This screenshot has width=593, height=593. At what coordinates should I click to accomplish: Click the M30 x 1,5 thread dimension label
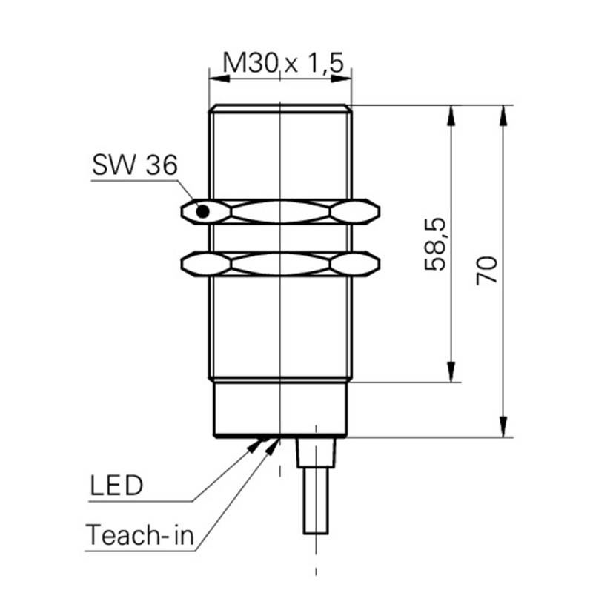[283, 62]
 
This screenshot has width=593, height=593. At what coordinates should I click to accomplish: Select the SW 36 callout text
[135, 165]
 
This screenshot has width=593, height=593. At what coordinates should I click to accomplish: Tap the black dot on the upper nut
[202, 211]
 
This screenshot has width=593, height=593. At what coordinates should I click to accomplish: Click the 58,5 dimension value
[436, 245]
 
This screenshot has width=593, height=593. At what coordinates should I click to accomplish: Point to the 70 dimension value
[487, 270]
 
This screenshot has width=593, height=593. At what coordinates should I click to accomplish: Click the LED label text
[116, 486]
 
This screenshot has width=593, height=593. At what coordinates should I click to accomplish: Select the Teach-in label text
[139, 534]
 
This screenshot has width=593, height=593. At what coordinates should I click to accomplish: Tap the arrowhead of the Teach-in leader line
[272, 446]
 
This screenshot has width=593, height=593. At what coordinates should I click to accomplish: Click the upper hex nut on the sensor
[280, 211]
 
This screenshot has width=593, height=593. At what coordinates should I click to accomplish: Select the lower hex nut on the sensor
[280, 264]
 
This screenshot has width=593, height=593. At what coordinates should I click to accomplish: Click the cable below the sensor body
[316, 500]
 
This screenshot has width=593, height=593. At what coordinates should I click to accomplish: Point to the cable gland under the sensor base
[316, 453]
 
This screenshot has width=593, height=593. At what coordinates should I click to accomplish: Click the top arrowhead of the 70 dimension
[503, 115]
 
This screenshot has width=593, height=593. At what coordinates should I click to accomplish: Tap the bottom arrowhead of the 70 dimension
[503, 427]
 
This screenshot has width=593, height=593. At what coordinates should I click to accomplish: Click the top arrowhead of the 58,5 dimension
[451, 115]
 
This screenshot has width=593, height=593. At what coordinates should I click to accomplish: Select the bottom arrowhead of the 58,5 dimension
[451, 371]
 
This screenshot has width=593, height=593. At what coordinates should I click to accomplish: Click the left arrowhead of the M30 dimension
[219, 79]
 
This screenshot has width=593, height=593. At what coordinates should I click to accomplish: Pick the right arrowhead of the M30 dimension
[341, 79]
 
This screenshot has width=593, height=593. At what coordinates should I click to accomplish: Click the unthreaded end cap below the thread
[280, 409]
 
